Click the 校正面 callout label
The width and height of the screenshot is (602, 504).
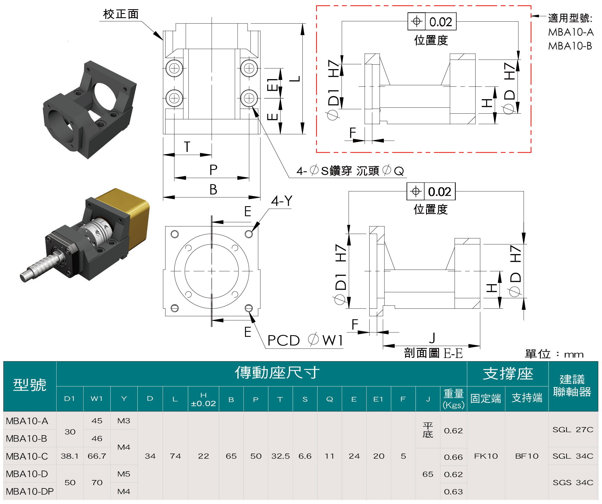pos(121,14)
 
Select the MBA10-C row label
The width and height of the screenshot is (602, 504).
pos(27,456)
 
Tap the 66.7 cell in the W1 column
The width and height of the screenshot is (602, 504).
pos(97,456)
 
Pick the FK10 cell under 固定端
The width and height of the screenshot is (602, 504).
pos(486,456)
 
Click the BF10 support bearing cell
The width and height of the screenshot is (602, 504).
pos(527,456)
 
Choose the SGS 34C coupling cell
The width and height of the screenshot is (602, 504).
pos(573,483)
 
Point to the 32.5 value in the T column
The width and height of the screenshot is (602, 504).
pos(280,456)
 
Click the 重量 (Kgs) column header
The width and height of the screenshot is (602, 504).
pos(454,399)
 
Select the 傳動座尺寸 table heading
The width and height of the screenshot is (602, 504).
pos(277,373)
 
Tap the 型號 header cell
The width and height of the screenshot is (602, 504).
pos(30,385)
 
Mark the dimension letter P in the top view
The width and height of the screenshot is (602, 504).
pos(213,170)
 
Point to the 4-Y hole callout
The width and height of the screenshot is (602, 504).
pos(282,201)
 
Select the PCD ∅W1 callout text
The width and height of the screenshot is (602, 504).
pos(305,340)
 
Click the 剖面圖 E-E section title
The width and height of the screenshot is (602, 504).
pos(433,353)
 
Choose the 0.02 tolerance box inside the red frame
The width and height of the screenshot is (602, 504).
pos(432,22)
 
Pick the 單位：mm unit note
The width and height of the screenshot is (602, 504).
pos(554,355)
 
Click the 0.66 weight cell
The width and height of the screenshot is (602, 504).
pos(453,457)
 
